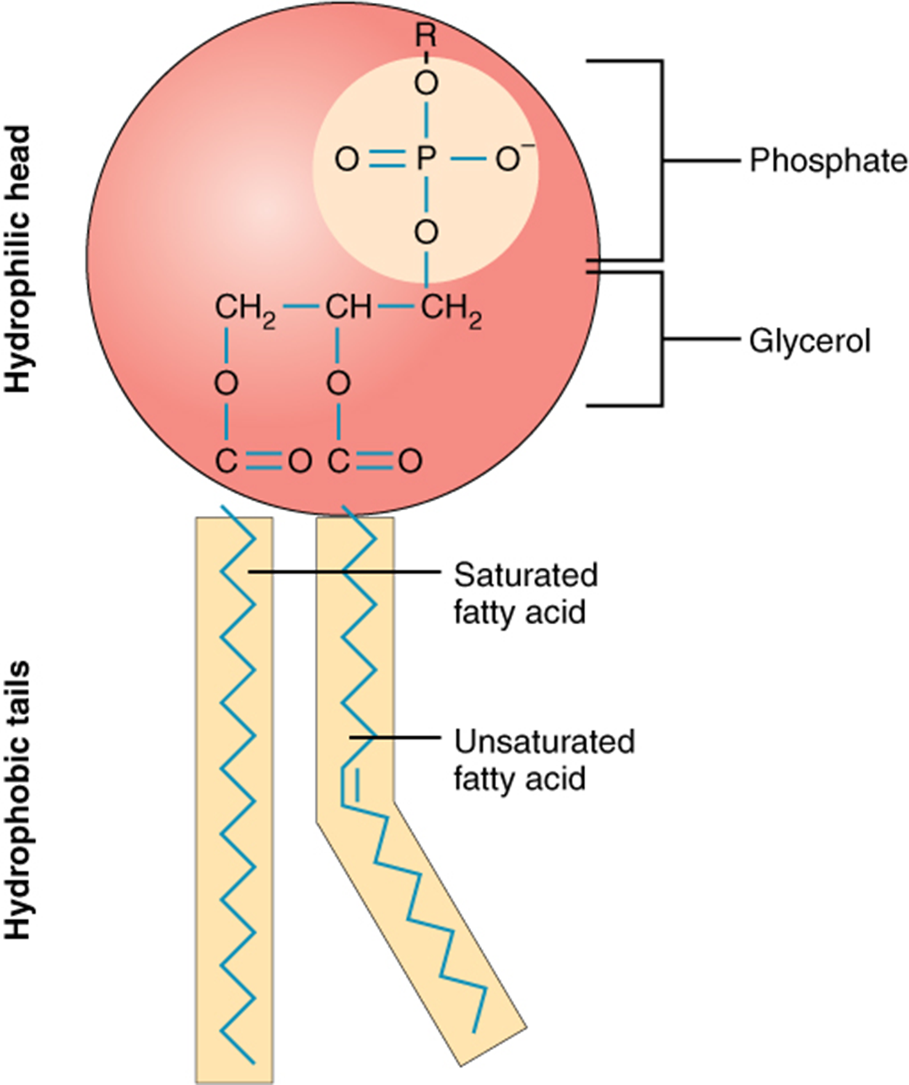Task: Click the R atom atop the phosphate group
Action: point(426,35)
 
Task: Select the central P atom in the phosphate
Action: point(426,158)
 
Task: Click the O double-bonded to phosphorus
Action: point(347,158)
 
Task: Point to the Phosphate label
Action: point(828,161)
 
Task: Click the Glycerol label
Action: point(809,341)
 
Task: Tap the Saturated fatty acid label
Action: point(525,593)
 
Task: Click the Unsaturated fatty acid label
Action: point(543,759)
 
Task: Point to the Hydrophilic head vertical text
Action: point(19,259)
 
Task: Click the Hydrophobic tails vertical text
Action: point(19,799)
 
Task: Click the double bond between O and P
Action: point(386,158)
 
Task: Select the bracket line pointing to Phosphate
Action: point(702,161)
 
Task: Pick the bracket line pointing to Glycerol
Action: point(702,339)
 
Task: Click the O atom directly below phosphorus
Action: point(426,233)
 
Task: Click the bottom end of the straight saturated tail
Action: point(252,1062)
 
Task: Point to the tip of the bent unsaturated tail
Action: point(474,1030)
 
